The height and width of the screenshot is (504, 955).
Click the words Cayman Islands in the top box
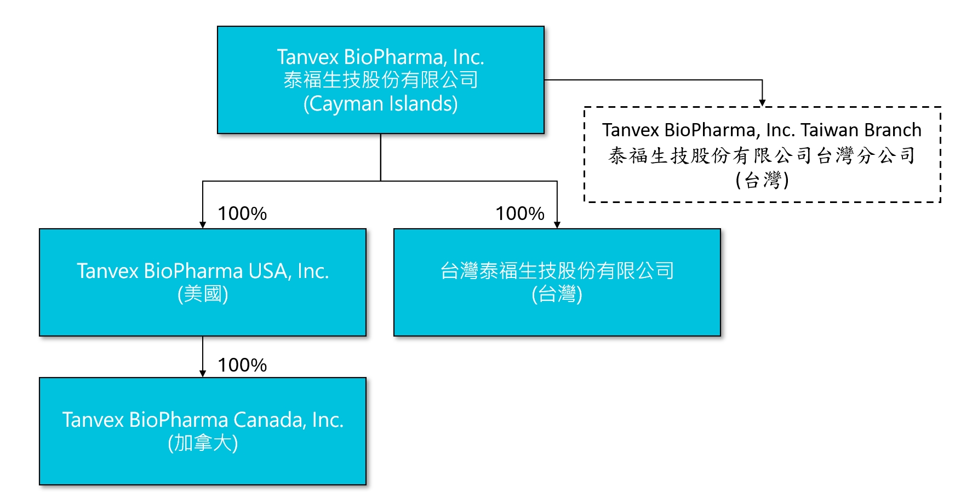[381, 103]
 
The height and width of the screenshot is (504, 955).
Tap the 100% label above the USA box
[242, 213]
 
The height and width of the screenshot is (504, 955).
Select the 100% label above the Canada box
[242, 365]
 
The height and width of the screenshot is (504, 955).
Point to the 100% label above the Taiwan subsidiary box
[519, 213]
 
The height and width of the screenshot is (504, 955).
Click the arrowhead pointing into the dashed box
[762, 103]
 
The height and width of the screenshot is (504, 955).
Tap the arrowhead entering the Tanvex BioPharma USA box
[203, 225]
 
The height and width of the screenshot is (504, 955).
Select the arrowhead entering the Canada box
[203, 374]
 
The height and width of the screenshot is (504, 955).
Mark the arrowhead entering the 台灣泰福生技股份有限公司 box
[557, 225]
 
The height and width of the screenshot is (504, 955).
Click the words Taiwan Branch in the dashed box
[861, 130]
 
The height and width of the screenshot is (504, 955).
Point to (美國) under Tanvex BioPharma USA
[203, 294]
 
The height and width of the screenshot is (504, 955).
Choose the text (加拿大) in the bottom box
[203, 443]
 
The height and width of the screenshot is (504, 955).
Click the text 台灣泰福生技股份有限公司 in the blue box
[557, 270]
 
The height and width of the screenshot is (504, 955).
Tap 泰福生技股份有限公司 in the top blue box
[381, 80]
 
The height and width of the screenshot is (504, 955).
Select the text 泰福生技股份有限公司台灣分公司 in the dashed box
[762, 155]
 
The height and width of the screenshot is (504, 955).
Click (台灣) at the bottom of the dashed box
[762, 179]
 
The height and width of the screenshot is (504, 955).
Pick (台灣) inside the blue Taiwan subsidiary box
[557, 294]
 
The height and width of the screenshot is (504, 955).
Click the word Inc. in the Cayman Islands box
[468, 57]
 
